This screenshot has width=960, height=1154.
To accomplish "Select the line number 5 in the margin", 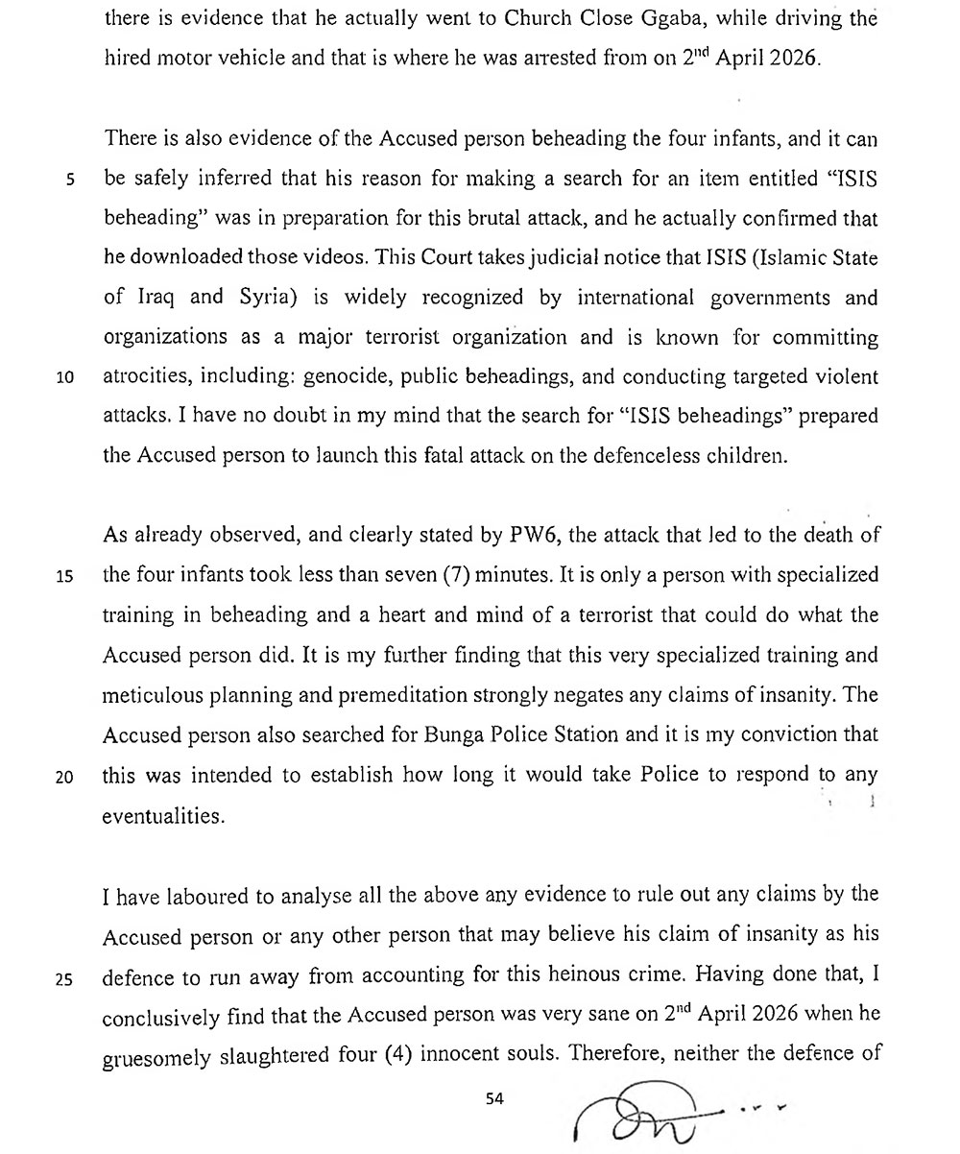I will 70,179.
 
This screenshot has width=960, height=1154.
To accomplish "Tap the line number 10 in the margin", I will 66,377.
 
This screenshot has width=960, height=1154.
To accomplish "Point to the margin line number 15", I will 66,576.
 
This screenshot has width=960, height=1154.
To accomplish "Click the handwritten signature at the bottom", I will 653,1114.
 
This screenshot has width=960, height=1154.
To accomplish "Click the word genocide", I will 343,377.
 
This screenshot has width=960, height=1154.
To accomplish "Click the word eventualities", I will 163,816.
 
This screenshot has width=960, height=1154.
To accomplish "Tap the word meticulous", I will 152,696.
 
